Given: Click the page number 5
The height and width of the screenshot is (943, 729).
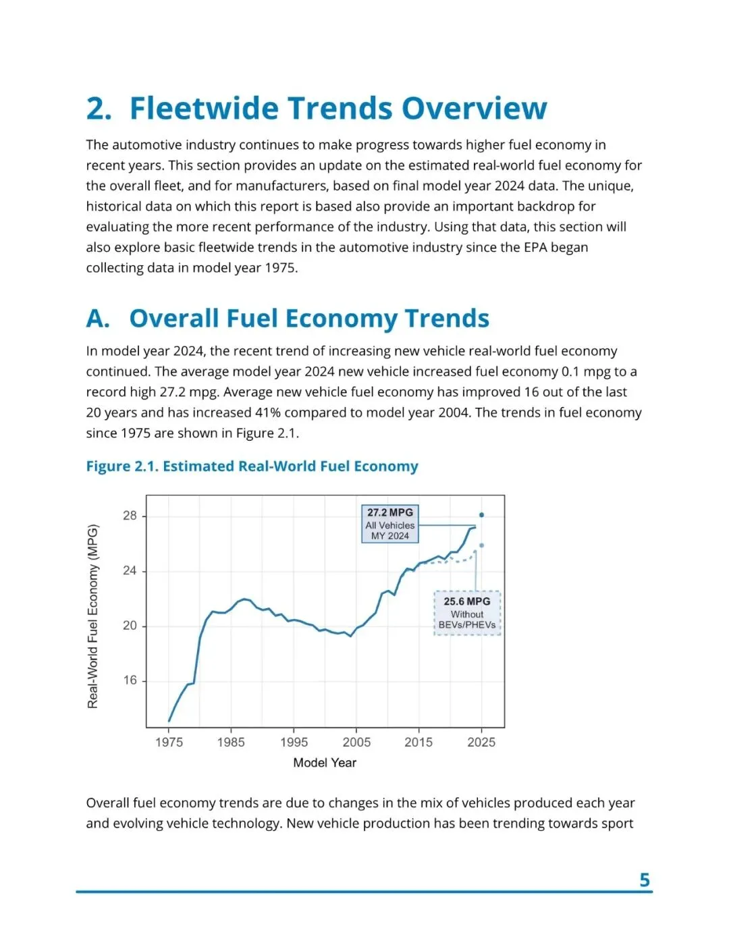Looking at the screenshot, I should tap(644, 880).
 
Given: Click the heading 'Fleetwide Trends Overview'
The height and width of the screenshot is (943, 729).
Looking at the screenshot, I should tap(337, 109).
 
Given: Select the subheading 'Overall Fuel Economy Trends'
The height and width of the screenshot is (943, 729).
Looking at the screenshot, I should tap(309, 319).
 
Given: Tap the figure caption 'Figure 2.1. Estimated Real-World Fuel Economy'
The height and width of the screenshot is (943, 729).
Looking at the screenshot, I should tap(252, 466).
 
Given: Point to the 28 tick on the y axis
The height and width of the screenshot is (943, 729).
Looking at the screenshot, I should tap(130, 516).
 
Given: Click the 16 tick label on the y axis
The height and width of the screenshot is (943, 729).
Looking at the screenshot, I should tap(130, 680).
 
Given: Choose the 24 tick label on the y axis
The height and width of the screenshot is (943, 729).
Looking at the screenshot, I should tap(130, 571).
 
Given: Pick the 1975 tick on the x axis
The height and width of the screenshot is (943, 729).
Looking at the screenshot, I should tap(169, 743).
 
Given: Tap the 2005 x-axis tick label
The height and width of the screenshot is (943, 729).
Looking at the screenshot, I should tap(356, 743).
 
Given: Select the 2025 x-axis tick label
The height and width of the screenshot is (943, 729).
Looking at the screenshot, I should tap(481, 743).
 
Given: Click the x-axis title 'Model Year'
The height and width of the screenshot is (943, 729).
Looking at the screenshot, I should tap(325, 763).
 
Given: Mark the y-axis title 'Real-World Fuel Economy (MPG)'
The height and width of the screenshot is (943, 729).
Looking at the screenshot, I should tap(93, 616).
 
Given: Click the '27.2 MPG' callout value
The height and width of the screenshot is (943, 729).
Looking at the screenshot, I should tap(390, 513).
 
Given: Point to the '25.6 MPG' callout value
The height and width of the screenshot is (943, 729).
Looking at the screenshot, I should tap(467, 601).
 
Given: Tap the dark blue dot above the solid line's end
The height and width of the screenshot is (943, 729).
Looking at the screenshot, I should tap(481, 515).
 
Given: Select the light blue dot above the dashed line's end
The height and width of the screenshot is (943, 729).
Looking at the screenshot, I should tap(481, 545).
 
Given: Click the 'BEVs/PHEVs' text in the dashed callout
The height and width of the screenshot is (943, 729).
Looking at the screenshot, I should tap(467, 625).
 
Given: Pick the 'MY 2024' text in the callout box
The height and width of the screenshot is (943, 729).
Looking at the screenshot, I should tap(390, 536).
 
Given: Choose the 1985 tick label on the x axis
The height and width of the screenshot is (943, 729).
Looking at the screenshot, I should tap(231, 743).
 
